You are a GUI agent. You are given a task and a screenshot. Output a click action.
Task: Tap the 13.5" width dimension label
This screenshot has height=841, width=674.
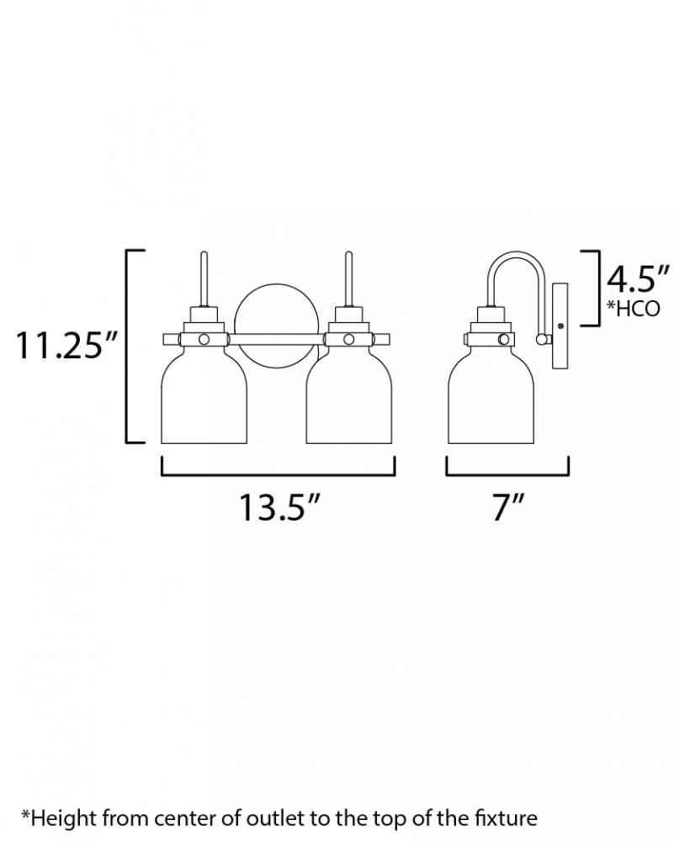(x=279, y=506)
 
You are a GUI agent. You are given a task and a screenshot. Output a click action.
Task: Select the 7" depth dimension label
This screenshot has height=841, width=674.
(x=507, y=506)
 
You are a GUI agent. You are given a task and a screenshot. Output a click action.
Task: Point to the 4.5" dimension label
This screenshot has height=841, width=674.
(x=639, y=279)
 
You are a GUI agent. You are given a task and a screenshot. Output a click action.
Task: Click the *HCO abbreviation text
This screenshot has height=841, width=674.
(x=634, y=309)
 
